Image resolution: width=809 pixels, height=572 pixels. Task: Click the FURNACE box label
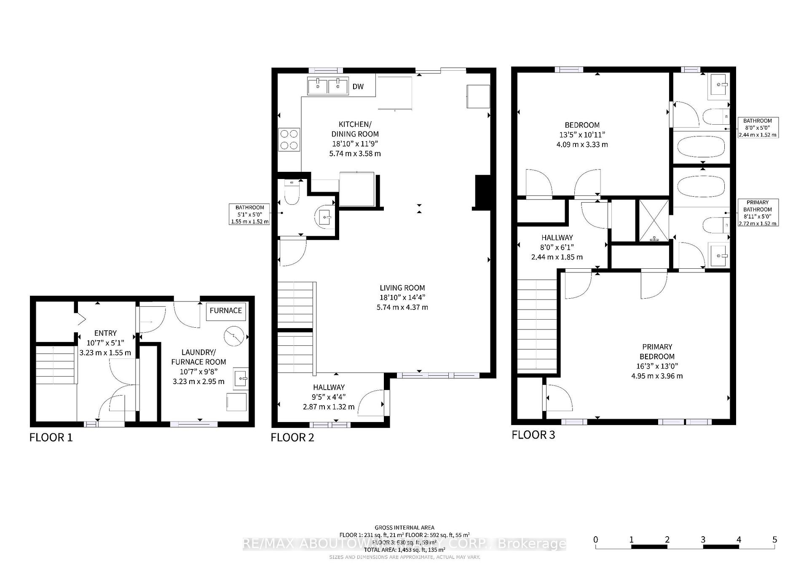click(226, 311)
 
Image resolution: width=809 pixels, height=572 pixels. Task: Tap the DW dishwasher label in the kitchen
click(358, 87)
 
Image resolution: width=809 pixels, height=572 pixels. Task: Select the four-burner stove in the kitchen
click(289, 139)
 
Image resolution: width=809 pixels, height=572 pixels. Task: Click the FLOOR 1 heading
click(51, 438)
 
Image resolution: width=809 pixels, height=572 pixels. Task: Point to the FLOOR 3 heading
click(533, 435)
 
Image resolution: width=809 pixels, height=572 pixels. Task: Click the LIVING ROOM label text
click(402, 288)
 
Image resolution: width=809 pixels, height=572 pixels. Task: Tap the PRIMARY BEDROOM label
click(656, 352)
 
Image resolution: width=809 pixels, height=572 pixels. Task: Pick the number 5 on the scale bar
click(774, 540)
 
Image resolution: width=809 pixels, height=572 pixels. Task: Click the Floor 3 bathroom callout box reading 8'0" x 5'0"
click(758, 128)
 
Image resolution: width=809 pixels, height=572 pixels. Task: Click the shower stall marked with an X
click(654, 221)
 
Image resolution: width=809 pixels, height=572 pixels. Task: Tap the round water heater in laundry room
click(234, 336)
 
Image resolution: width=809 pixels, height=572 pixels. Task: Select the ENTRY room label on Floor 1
click(105, 333)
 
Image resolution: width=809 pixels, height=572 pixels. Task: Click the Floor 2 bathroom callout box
click(249, 214)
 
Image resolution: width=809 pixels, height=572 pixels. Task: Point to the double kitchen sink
click(328, 87)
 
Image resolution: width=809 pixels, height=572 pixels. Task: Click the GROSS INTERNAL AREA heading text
click(404, 527)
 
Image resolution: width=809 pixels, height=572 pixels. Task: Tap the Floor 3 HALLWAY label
click(557, 238)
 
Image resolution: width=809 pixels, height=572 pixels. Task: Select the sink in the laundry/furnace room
click(240, 378)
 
